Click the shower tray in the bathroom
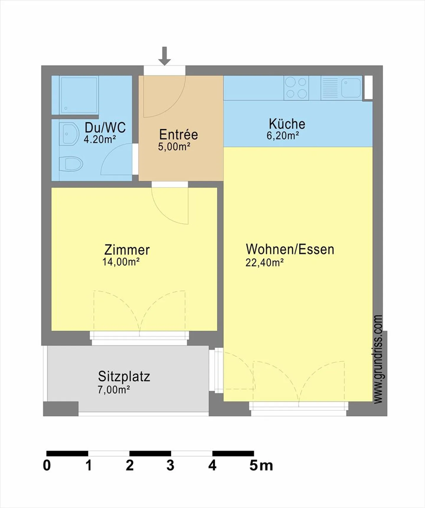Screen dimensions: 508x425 (x=79, y=95)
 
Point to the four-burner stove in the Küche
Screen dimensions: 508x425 (x=296, y=88)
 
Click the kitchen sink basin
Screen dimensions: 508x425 (x=351, y=88)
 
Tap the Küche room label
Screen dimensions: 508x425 (x=287, y=124)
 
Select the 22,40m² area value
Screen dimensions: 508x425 (x=264, y=263)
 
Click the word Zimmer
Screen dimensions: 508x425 (x=127, y=250)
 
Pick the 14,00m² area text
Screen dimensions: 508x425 (x=121, y=262)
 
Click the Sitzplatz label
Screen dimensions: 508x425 (x=124, y=377)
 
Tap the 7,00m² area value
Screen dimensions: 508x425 (x=114, y=390)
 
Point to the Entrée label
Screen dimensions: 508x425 (x=179, y=135)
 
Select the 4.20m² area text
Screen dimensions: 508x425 (x=99, y=139)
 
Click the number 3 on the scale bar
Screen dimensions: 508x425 (x=170, y=465)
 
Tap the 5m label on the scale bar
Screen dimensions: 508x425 (x=261, y=465)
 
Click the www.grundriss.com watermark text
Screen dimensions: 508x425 (x=378, y=359)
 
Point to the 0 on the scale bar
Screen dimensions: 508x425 (x=47, y=465)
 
